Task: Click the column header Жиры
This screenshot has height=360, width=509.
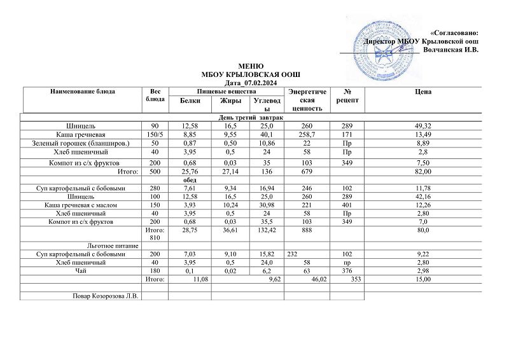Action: pos(230,100)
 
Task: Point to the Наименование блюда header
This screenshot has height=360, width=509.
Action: pos(83,92)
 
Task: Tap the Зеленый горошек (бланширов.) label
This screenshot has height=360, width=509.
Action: pos(81,144)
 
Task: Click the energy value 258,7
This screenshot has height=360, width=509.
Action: pos(305,135)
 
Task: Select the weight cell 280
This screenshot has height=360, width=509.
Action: pos(155,188)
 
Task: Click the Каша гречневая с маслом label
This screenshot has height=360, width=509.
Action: pos(82,205)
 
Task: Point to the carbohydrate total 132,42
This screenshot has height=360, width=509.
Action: pos(265,229)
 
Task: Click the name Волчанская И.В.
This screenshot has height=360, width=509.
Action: pos(450,48)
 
